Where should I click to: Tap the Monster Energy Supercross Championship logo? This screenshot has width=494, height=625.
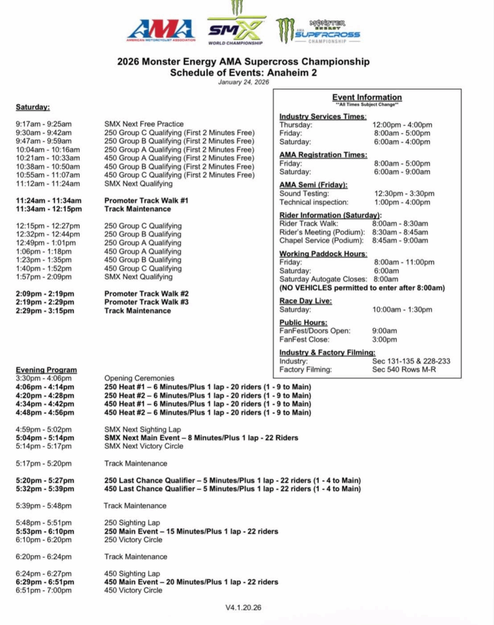318,31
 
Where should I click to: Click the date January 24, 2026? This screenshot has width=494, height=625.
243,82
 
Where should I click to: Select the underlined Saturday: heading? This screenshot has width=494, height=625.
33,107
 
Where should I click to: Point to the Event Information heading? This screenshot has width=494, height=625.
367,97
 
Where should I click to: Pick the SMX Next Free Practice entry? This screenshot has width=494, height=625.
144,124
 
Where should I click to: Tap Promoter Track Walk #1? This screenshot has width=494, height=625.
147,200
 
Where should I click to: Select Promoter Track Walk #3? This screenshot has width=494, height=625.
147,302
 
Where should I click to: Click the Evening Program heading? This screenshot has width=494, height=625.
46,370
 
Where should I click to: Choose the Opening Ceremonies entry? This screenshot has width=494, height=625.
139,378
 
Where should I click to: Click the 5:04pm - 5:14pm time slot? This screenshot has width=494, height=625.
45,438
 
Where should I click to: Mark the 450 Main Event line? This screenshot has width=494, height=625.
191,582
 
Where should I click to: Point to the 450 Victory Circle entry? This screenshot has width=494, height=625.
133,591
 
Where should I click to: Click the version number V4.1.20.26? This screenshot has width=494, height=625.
243,608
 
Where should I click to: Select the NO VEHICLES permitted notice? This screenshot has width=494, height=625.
362,287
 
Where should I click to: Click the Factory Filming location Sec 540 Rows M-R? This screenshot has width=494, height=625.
404,369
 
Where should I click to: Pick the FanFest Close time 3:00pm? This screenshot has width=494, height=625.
384,339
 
